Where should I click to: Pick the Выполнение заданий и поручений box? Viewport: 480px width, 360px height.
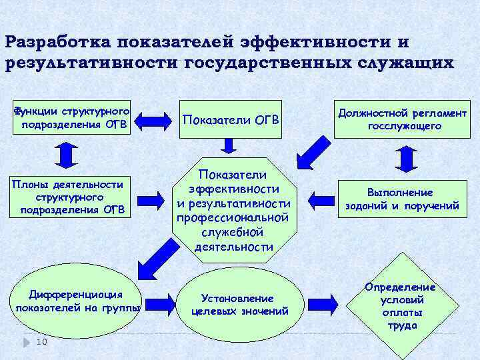(402, 199)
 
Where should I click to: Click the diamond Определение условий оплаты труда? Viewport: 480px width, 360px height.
(401, 306)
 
